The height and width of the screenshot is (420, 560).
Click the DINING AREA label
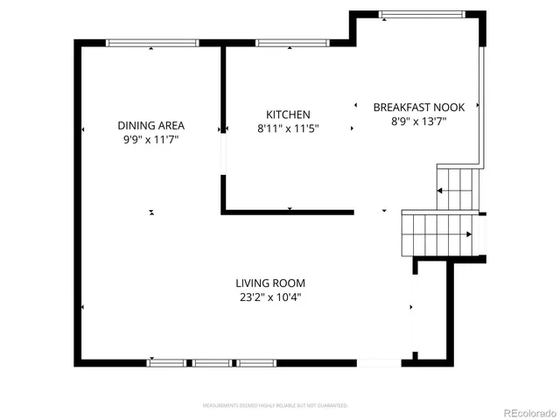point(151,125)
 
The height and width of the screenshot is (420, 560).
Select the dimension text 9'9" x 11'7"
point(151,139)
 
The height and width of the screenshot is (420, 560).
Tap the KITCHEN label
point(288,115)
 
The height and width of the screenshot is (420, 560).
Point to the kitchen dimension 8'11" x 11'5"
point(288,129)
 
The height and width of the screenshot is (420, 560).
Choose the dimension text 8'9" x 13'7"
point(418,122)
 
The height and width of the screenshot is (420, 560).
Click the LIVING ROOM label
point(269,283)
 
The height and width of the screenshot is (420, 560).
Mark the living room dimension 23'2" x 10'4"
point(269,297)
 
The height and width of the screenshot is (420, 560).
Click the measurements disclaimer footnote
point(276,405)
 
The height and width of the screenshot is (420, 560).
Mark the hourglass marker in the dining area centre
point(152,212)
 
